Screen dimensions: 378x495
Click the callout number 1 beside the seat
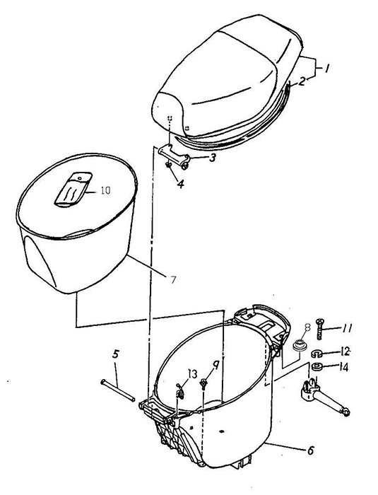click(327, 68)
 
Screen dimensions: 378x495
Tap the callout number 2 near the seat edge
click(302, 81)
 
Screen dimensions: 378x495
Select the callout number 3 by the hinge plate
click(213, 158)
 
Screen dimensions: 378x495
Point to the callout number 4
click(180, 184)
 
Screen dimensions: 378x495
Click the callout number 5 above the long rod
click(115, 354)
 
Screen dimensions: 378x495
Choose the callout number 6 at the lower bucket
click(311, 450)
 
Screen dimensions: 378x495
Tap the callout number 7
click(173, 279)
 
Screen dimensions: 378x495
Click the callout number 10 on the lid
click(106, 190)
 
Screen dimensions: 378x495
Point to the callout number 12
click(345, 351)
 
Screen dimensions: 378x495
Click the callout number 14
click(343, 367)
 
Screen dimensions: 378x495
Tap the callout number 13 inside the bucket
click(192, 374)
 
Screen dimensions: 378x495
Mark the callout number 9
click(215, 366)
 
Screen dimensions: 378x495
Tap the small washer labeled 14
click(317, 367)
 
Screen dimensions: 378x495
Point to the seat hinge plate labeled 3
click(175, 156)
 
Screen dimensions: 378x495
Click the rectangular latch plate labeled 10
click(73, 190)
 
